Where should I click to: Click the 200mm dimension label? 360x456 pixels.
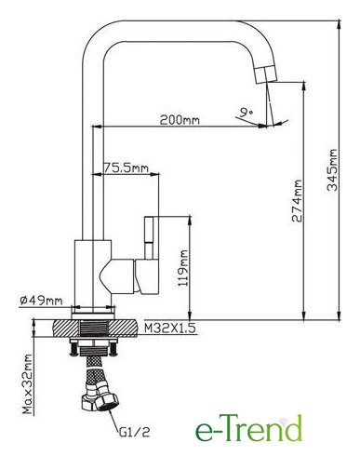tap(180, 120)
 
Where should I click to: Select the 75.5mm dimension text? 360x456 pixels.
tap(126, 168)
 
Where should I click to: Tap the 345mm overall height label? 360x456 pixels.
tap(333, 169)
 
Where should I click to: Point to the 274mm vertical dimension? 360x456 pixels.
tap(297, 200)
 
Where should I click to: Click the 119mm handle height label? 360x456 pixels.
tap(183, 268)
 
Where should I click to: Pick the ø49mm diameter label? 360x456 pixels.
tap(41, 301)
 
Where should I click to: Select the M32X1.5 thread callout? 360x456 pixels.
tap(170, 329)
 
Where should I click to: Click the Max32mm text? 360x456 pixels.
tap(28, 384)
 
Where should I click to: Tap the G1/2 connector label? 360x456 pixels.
tap(134, 432)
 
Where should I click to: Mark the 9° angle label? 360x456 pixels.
tap(247, 112)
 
